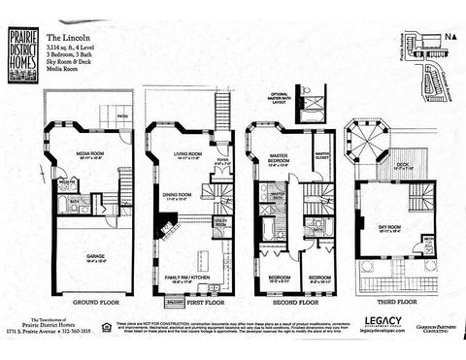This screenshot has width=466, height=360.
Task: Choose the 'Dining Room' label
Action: (x=178, y=196)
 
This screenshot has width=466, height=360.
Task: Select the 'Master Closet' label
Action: (x=322, y=151)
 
